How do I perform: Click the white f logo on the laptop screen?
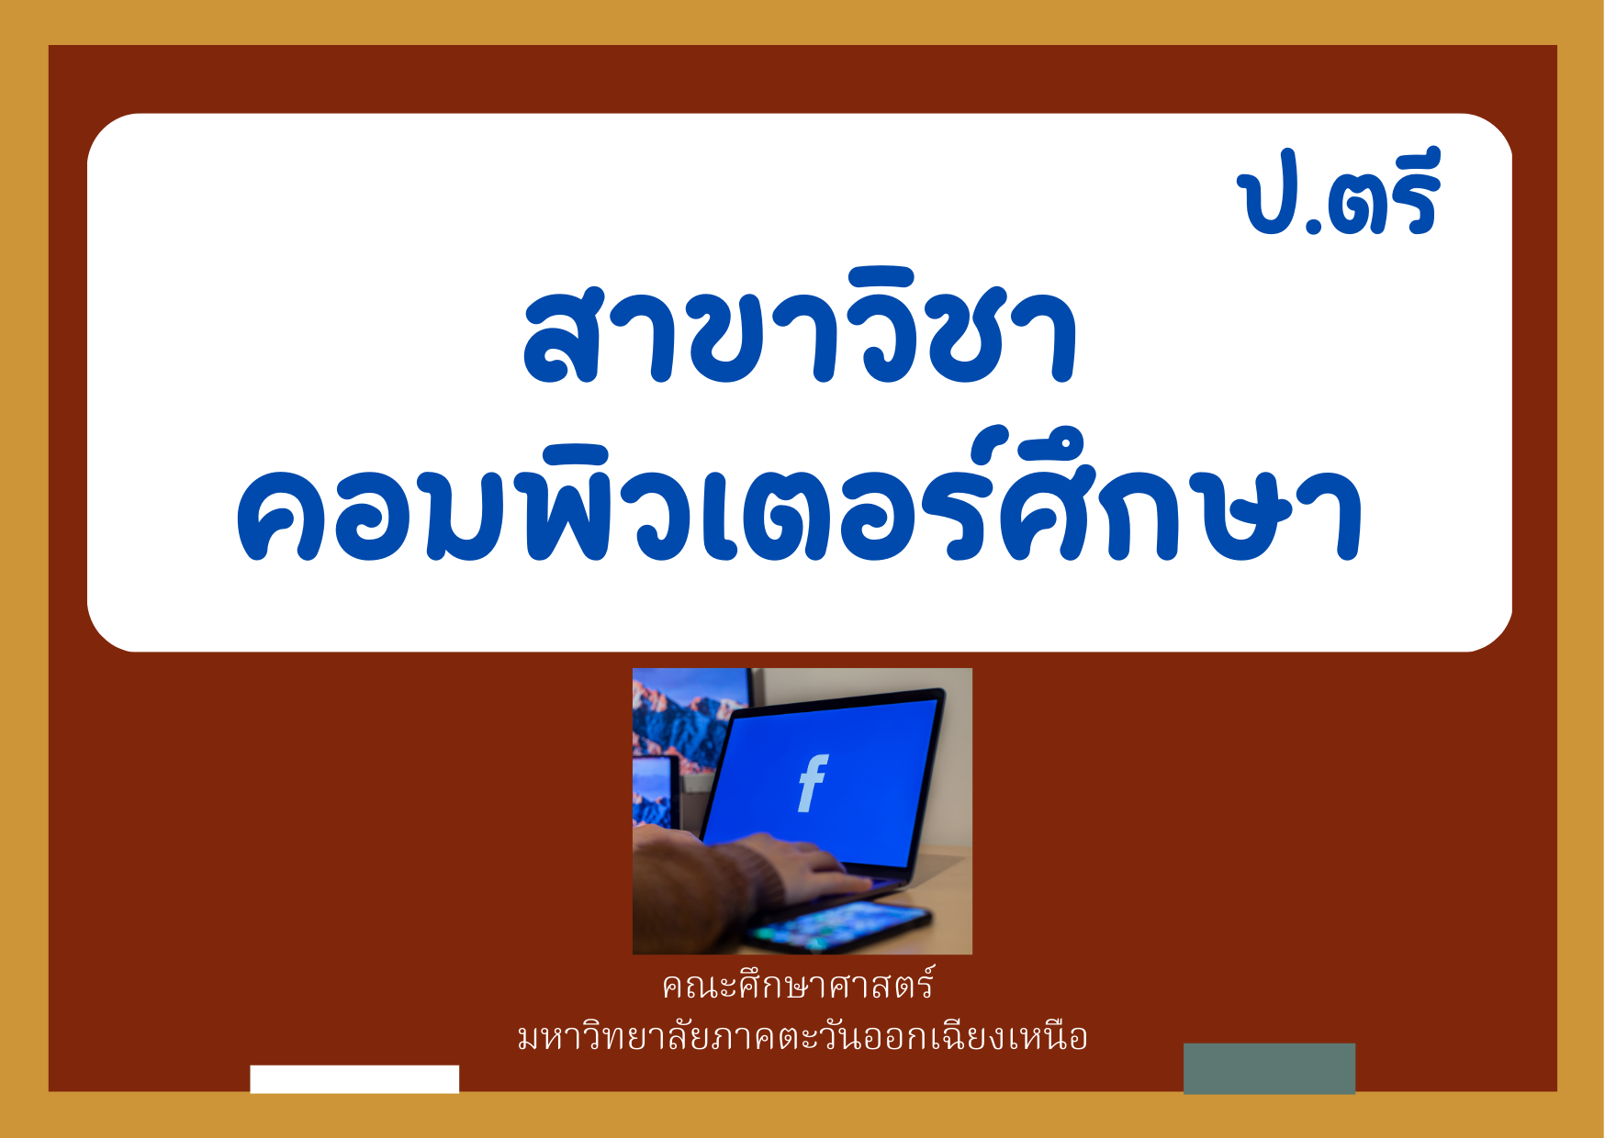pyautogui.click(x=813, y=783)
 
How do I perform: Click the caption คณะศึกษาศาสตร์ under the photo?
pyautogui.click(x=798, y=985)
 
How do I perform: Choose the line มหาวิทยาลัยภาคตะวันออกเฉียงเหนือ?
pyautogui.click(x=802, y=1036)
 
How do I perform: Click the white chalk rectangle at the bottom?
pyautogui.click(x=354, y=1079)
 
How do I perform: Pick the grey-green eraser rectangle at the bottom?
pyautogui.click(x=1269, y=1068)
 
